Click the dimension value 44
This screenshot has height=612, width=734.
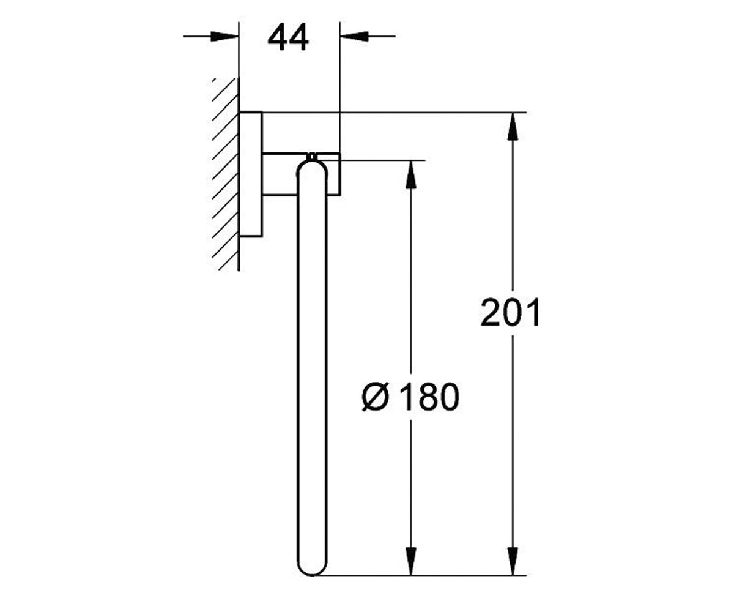[x=288, y=37]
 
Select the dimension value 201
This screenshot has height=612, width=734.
[x=510, y=312]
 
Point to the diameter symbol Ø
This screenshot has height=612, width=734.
[x=376, y=397]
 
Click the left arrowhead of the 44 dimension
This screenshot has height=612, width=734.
[x=224, y=36]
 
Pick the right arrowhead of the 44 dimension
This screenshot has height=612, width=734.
[x=354, y=36]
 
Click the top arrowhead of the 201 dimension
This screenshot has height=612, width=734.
[x=513, y=127]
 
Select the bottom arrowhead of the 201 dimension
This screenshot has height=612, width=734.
[x=513, y=561]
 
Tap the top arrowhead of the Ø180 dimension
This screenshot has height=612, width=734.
[x=410, y=174]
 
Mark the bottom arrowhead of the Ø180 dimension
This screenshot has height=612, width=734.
[x=410, y=561]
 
